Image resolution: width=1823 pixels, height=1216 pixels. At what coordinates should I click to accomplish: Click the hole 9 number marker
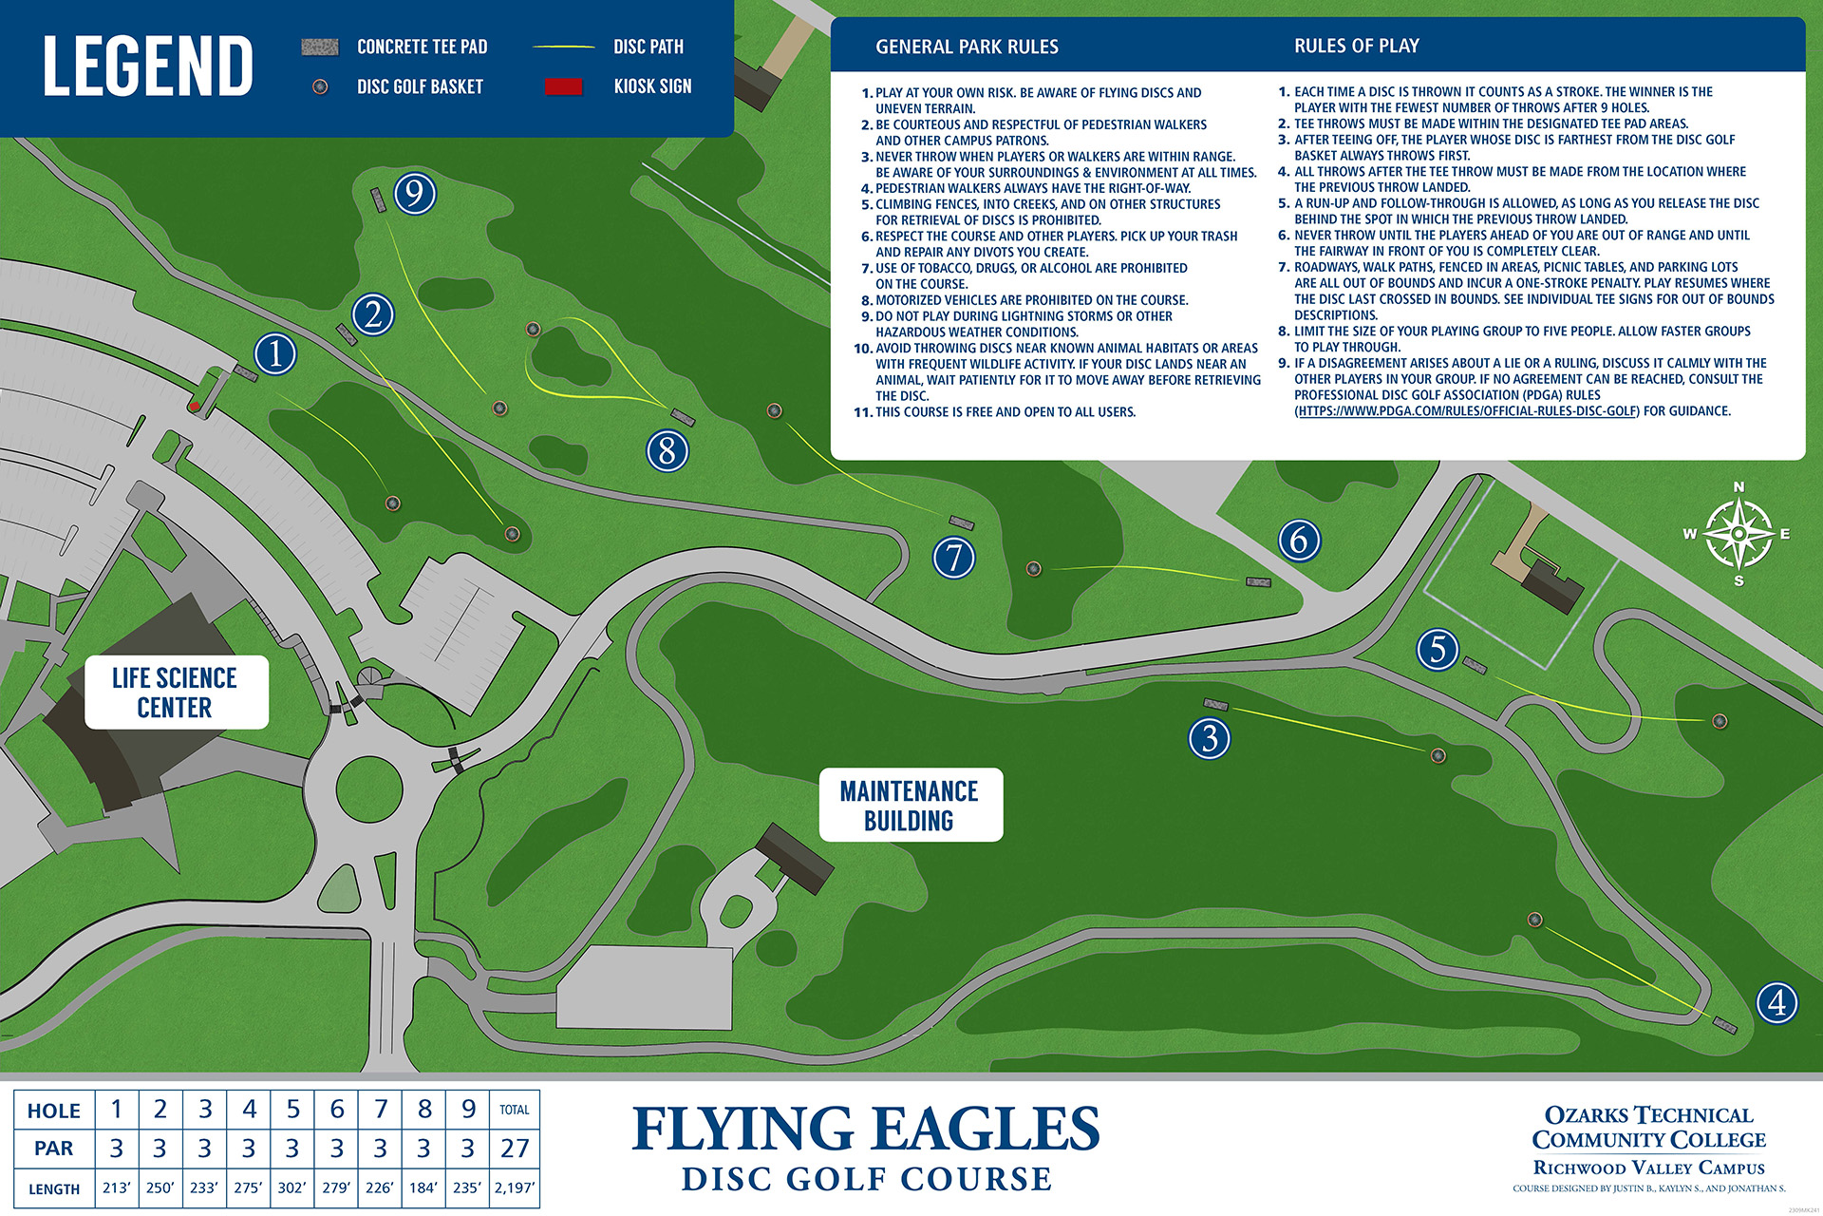[415, 194]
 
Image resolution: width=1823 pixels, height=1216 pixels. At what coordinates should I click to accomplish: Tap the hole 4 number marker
[1776, 1002]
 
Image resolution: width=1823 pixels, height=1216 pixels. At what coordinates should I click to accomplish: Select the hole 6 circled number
[1299, 541]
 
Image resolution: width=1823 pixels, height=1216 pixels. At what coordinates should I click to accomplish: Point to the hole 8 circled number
[667, 450]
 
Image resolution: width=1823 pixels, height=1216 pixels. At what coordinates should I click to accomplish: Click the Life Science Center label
[176, 693]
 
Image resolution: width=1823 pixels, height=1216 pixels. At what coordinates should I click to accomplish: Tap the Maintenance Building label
[910, 806]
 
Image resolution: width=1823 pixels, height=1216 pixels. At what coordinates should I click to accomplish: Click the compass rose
[1738, 534]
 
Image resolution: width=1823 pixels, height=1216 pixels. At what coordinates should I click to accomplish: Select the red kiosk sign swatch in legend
[563, 86]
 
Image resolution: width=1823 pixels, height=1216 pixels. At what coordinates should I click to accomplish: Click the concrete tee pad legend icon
[320, 47]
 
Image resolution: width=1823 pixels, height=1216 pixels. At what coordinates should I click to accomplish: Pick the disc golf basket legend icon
[320, 86]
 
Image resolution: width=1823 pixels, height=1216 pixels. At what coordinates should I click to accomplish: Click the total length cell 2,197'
[515, 1187]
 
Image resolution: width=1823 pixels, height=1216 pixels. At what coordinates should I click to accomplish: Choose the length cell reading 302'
[292, 1187]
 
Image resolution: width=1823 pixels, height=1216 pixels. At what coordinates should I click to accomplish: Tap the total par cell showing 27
[515, 1149]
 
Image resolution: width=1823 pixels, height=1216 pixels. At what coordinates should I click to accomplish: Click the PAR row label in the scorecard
[54, 1149]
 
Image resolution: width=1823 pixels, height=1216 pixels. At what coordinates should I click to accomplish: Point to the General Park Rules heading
[967, 47]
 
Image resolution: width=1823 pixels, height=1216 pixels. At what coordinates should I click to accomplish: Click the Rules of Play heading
[1356, 46]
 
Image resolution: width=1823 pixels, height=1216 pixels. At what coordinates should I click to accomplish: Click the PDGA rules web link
[1468, 411]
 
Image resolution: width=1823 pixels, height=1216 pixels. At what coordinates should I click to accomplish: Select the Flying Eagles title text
[865, 1130]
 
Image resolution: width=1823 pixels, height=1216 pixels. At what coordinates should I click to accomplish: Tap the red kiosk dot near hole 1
[195, 407]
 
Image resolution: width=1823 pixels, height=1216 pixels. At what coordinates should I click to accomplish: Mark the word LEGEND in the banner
[148, 66]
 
